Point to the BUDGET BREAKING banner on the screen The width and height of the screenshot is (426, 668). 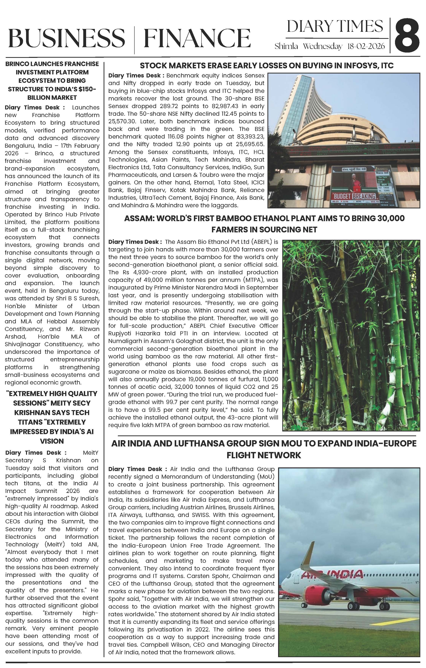pos(355,196)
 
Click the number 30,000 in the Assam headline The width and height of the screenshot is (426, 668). pos(391,218)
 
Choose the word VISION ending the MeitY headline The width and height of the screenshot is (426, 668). pos(52,441)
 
